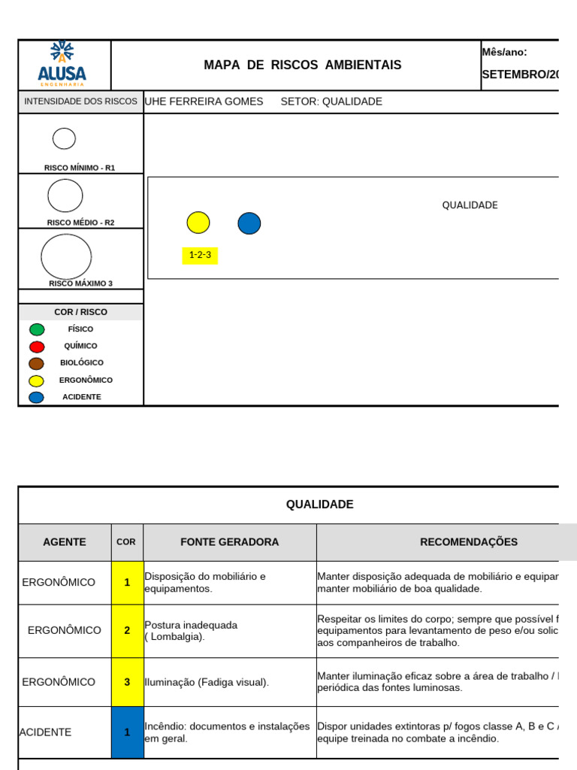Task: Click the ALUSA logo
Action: click(62, 64)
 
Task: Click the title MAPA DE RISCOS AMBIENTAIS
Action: click(302, 65)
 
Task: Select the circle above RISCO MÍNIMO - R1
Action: click(64, 138)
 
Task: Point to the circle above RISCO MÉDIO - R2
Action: click(65, 196)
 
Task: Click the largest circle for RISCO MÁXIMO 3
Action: click(66, 256)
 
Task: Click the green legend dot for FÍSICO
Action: click(37, 329)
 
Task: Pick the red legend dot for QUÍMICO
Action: click(37, 347)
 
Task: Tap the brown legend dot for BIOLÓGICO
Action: click(37, 363)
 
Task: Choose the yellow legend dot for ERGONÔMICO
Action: click(37, 380)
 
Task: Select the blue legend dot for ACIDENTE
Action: click(37, 397)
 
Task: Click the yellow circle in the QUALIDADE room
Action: click(198, 223)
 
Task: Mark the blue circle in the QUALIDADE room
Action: click(249, 223)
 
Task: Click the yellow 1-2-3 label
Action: click(200, 255)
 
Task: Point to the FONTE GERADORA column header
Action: click(229, 542)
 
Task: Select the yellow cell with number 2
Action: click(127, 631)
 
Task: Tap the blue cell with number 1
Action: click(127, 732)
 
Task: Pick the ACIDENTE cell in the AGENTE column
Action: click(46, 732)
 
